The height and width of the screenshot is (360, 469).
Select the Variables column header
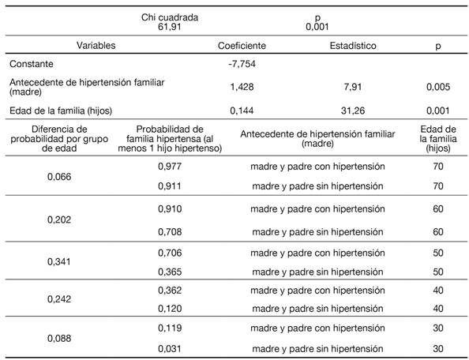tap(95, 46)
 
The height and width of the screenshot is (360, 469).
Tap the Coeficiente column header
tap(242, 46)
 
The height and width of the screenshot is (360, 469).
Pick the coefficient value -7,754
tap(242, 64)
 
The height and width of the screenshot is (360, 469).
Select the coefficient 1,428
tap(242, 88)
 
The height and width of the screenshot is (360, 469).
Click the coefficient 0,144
tap(242, 111)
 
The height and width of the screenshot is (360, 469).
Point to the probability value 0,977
tap(170, 167)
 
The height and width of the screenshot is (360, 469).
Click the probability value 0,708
tap(170, 232)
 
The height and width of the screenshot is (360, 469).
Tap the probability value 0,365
tap(170, 271)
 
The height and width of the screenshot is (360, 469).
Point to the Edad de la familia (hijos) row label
tap(61, 111)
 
